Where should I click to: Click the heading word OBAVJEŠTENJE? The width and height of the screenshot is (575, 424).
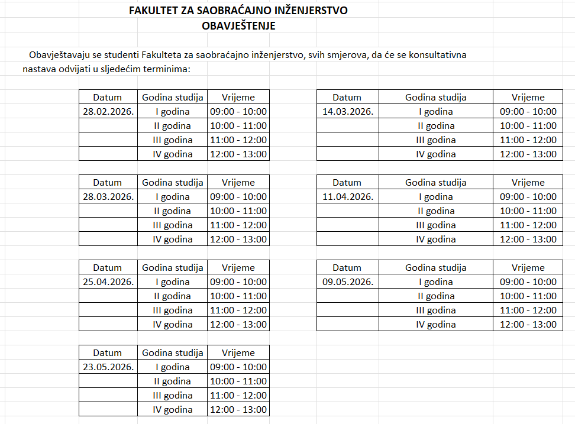(x=238, y=26)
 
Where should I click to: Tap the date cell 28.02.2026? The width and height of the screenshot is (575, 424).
(x=108, y=111)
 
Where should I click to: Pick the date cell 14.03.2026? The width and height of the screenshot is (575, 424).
(x=348, y=111)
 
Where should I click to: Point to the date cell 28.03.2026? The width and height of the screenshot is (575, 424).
(x=108, y=196)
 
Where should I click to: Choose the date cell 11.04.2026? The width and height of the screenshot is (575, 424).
(x=348, y=196)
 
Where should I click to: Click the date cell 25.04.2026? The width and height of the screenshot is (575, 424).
(x=108, y=281)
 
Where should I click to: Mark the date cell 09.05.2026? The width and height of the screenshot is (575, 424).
(x=348, y=281)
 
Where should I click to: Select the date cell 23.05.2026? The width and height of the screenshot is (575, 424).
(x=108, y=367)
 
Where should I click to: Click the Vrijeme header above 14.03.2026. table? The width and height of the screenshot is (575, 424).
(x=528, y=97)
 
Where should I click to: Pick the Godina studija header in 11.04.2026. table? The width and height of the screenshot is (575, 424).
(x=436, y=182)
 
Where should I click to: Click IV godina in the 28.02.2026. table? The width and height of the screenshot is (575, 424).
(x=173, y=154)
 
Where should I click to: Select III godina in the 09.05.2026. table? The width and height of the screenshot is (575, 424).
(x=436, y=310)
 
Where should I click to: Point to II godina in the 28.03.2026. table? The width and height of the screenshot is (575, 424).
(x=173, y=211)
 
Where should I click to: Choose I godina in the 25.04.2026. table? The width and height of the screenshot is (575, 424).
(x=173, y=281)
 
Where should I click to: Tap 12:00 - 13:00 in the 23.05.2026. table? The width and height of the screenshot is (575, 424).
(x=238, y=409)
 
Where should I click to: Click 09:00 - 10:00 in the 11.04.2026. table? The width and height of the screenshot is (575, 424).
(x=528, y=196)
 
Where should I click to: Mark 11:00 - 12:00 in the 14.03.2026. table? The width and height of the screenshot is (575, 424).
(x=528, y=140)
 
